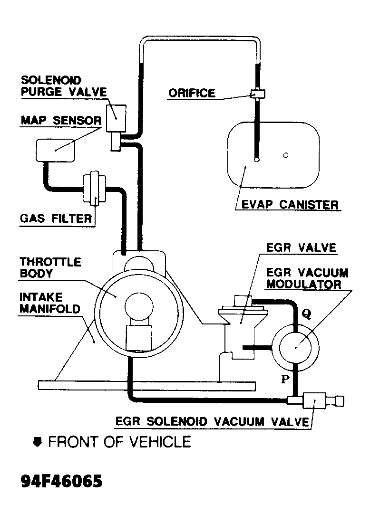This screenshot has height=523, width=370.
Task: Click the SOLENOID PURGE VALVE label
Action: click(x=63, y=86)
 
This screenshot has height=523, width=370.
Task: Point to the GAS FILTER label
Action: click(x=56, y=219)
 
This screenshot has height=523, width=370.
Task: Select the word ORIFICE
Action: click(x=192, y=93)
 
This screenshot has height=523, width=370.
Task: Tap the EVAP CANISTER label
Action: click(x=290, y=205)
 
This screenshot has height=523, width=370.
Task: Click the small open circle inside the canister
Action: click(x=285, y=155)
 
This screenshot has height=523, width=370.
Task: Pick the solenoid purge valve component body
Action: click(x=116, y=116)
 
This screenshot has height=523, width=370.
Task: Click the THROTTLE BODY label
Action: click(x=50, y=267)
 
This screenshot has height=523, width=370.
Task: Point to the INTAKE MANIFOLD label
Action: click(x=49, y=303)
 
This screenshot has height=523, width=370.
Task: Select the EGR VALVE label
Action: click(x=301, y=247)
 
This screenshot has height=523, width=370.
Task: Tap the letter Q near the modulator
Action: click(x=307, y=314)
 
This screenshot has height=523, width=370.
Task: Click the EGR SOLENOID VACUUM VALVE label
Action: click(x=212, y=421)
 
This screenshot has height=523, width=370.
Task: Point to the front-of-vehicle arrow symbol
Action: click(x=37, y=442)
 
